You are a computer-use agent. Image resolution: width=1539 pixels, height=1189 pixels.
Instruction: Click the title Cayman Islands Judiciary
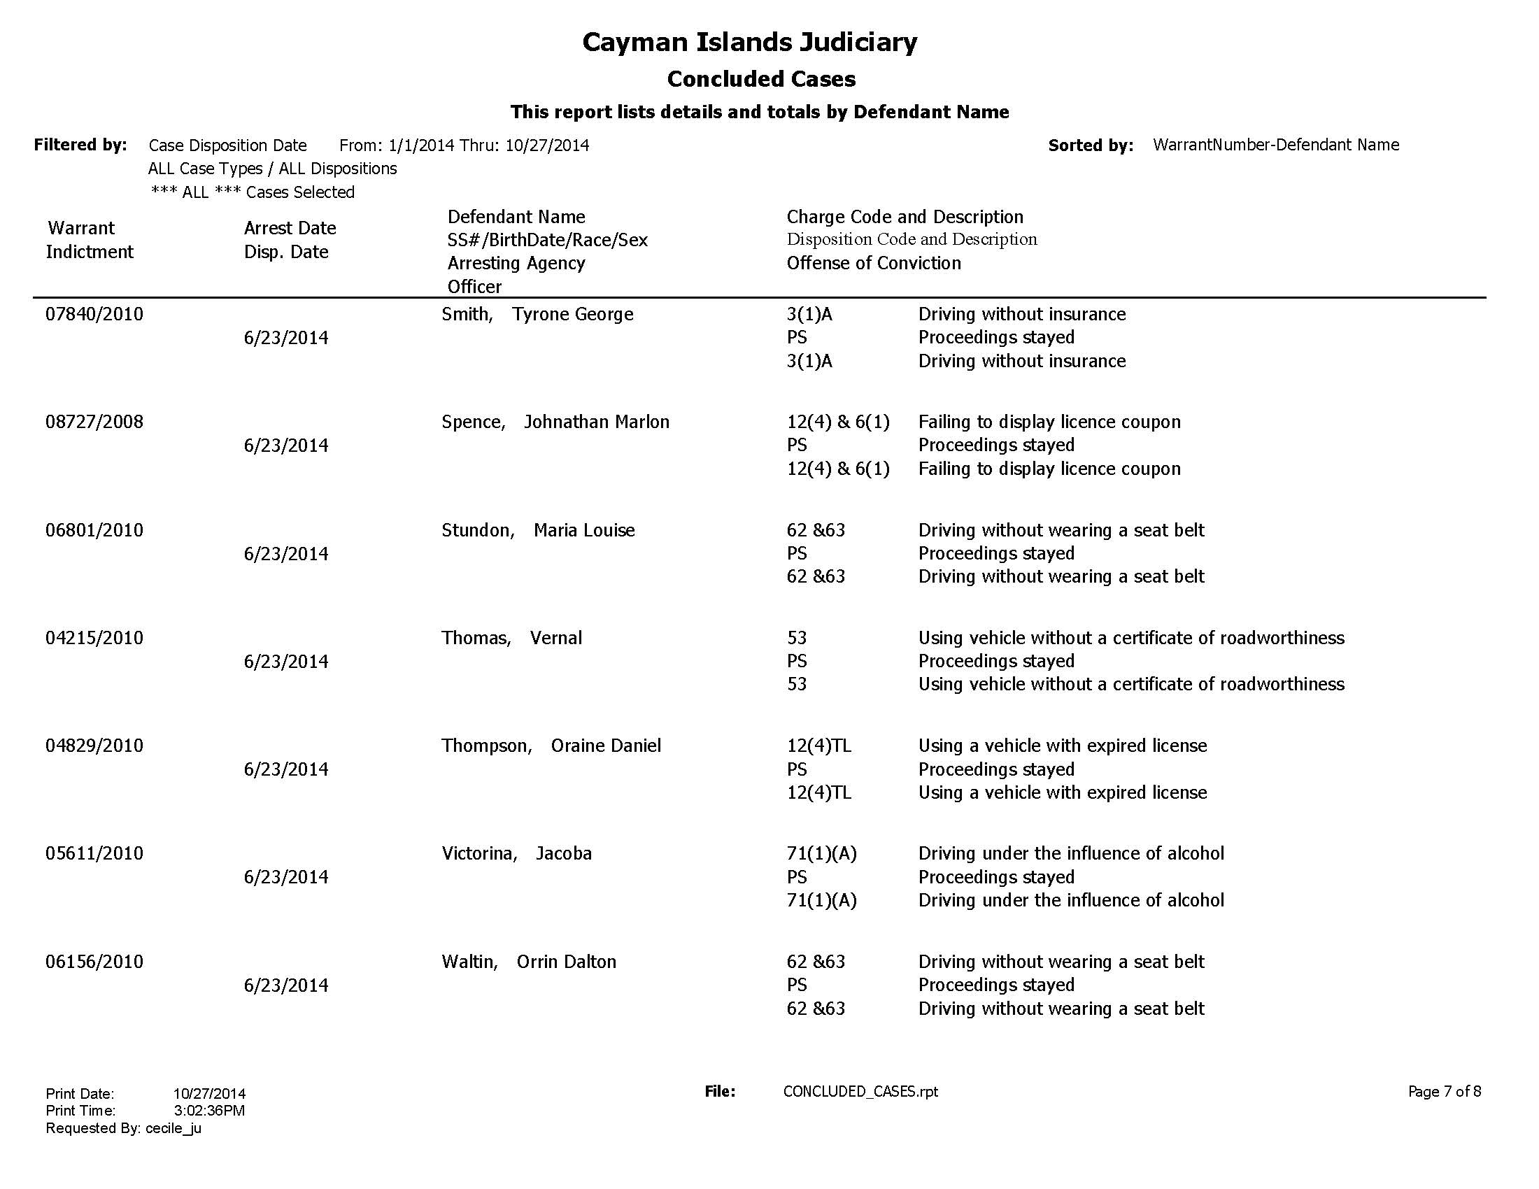pyautogui.click(x=750, y=42)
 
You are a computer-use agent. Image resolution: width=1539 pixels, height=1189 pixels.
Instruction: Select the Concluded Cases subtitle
pyautogui.click(x=761, y=79)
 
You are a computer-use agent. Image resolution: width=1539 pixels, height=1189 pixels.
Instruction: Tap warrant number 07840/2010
pyautogui.click(x=94, y=314)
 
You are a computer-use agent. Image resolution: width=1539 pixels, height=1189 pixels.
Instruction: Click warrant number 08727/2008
pyautogui.click(x=94, y=422)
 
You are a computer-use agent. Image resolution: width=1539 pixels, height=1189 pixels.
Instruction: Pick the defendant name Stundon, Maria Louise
pyautogui.click(x=538, y=530)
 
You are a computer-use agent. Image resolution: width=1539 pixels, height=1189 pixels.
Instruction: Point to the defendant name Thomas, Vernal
pyautogui.click(x=511, y=638)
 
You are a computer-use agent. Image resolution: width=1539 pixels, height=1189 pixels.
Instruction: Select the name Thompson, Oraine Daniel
pyautogui.click(x=551, y=746)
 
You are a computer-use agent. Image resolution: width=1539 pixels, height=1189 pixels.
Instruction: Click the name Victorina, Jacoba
pyautogui.click(x=516, y=854)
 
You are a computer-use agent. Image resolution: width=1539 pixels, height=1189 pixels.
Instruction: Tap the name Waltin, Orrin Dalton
pyautogui.click(x=528, y=962)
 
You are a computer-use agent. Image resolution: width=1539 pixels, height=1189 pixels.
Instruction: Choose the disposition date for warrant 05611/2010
pyautogui.click(x=286, y=877)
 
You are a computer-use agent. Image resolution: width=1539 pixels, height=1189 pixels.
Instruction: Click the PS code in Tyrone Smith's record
pyautogui.click(x=797, y=337)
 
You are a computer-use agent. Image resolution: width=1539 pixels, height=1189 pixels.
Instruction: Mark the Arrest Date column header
pyautogui.click(x=290, y=228)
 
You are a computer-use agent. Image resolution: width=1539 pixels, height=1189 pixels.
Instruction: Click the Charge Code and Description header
pyautogui.click(x=905, y=217)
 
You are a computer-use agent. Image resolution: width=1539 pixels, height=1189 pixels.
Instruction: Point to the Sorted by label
pyautogui.click(x=1091, y=145)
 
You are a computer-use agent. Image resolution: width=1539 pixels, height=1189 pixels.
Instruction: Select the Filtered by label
pyautogui.click(x=80, y=145)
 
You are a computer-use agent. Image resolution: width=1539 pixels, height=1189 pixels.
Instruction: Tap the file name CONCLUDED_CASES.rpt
pyautogui.click(x=860, y=1092)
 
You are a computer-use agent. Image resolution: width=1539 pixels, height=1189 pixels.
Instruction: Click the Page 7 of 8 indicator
pyautogui.click(x=1444, y=1092)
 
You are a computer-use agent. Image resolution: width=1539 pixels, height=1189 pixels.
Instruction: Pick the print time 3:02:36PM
pyautogui.click(x=209, y=1111)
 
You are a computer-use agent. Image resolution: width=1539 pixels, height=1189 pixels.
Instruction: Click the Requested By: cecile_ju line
pyautogui.click(x=123, y=1128)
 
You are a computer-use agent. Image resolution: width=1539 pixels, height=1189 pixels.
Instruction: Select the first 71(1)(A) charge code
pyautogui.click(x=822, y=854)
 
